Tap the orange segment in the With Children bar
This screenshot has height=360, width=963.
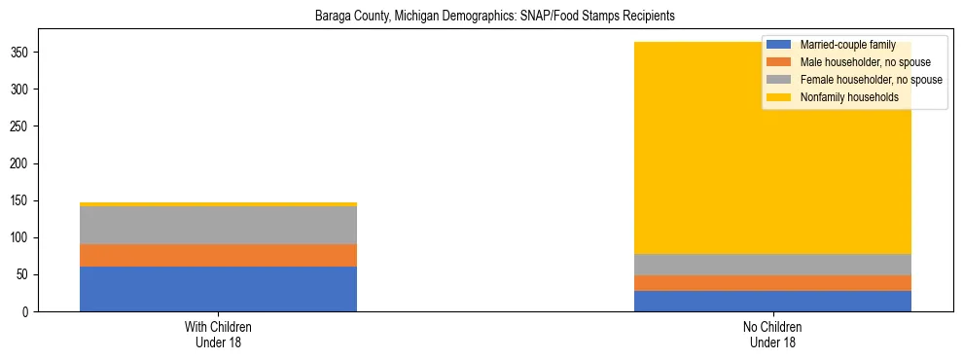[218, 255]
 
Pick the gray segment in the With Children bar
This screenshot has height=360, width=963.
[218, 225]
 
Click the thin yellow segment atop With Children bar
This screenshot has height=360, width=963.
[218, 204]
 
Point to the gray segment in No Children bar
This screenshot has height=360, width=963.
[772, 265]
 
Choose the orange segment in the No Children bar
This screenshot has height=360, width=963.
[772, 283]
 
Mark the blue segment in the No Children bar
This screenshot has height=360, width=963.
[772, 302]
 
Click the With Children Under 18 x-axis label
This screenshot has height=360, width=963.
[218, 335]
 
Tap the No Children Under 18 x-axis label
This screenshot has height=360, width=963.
[772, 335]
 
